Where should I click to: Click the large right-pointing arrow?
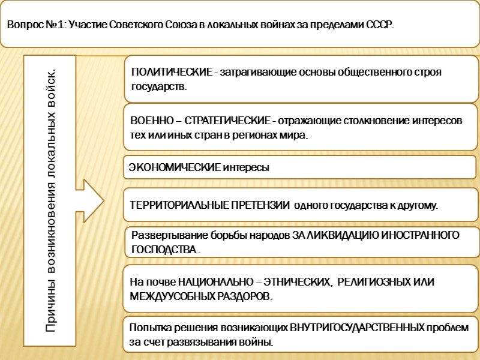pos(89,200)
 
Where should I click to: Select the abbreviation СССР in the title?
pos(379,26)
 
